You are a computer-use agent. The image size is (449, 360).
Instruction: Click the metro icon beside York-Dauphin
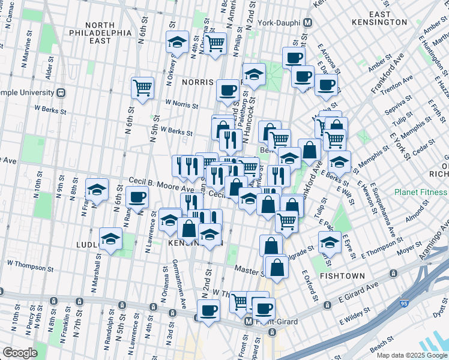308,23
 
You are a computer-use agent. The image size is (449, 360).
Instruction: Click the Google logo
20,353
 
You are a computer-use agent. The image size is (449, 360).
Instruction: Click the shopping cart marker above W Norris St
142,88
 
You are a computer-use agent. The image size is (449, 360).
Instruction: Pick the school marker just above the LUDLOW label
110,239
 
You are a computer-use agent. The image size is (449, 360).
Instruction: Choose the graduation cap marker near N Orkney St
177,42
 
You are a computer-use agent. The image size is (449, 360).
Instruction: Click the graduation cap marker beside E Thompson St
330,242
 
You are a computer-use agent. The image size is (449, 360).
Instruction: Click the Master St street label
246,269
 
